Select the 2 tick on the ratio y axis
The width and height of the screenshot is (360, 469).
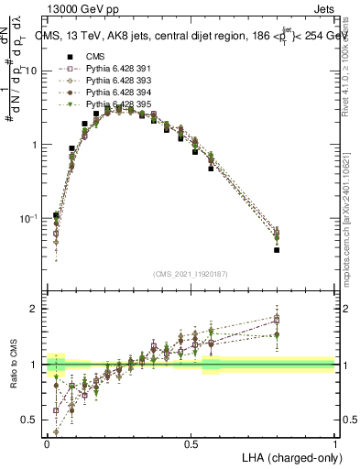click(36, 309)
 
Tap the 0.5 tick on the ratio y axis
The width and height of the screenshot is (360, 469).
click(32, 420)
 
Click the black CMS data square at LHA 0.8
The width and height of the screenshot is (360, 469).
click(277, 250)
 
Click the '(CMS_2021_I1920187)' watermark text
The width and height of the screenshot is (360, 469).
click(191, 274)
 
